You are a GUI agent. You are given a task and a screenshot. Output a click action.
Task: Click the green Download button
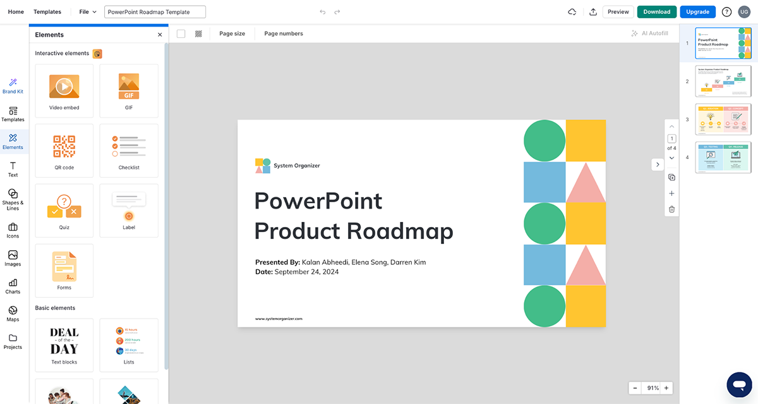pos(656,12)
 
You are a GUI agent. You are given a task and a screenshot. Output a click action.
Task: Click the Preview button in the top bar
pos(618,12)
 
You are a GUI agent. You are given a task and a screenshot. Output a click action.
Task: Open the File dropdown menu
pos(88,12)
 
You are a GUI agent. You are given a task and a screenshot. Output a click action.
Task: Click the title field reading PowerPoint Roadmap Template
pos(155,12)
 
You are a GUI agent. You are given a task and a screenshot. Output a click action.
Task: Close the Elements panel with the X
pos(160,35)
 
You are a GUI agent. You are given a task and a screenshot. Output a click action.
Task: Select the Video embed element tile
pos(64,91)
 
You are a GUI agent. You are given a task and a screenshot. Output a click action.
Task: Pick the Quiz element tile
pos(64,211)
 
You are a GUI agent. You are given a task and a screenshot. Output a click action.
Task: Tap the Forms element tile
pos(64,271)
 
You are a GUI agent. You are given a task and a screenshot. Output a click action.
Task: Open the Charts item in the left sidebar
pos(13,286)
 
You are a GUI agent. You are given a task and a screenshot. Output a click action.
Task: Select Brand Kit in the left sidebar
pos(13,86)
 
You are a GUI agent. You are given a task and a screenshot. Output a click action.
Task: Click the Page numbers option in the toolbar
pos(283,34)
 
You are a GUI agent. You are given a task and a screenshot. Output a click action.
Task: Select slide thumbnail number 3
pos(723,119)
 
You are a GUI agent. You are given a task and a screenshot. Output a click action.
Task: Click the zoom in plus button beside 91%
pos(666,388)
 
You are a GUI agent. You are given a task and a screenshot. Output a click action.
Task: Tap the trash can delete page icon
pos(671,209)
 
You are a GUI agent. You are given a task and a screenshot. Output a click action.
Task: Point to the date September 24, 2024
pos(306,272)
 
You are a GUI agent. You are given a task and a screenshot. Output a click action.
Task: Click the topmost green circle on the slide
pos(544,140)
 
